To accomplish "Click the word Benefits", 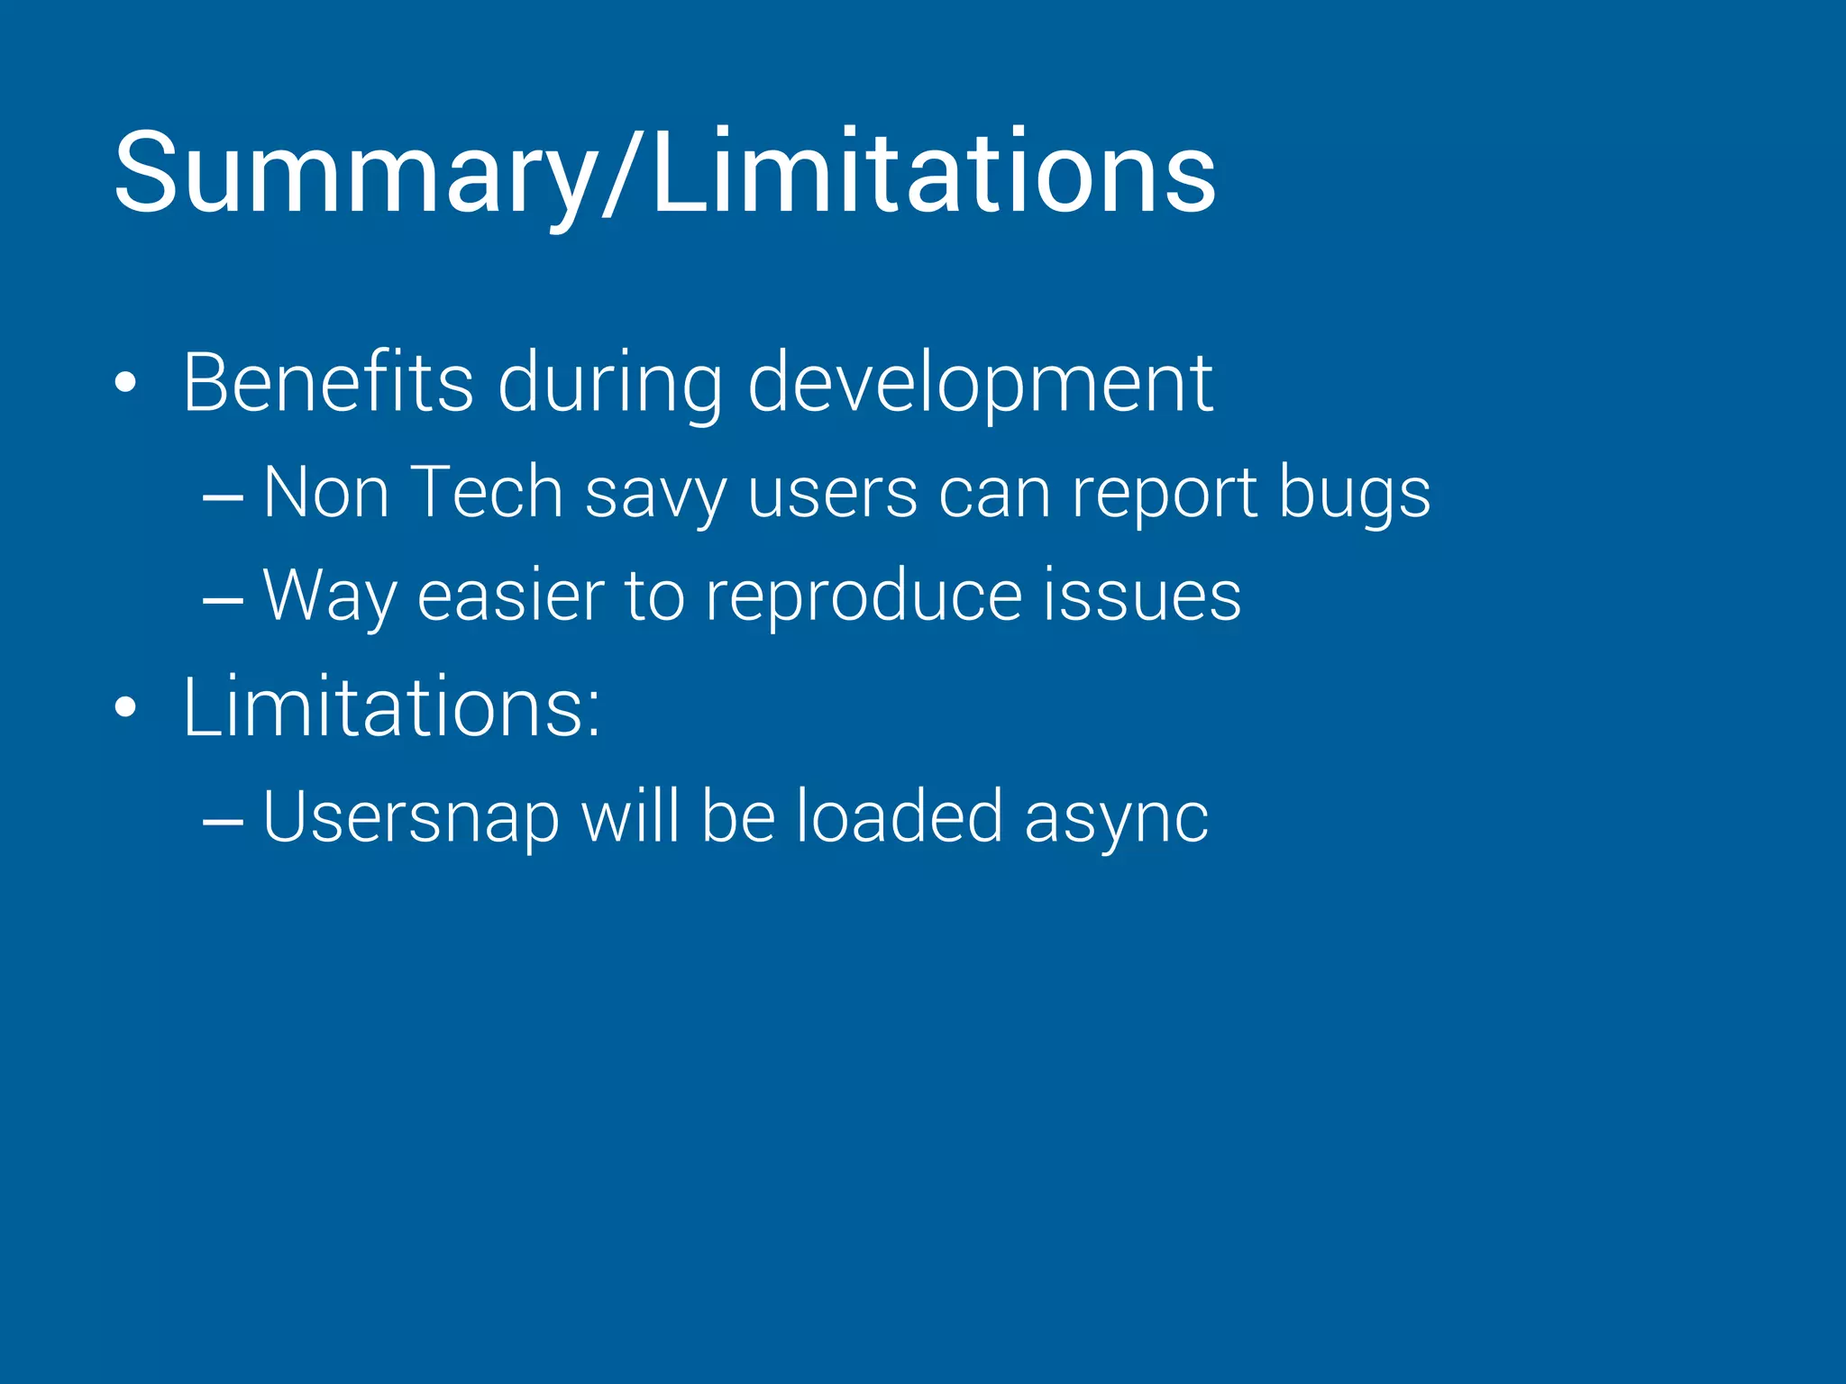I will pyautogui.click(x=328, y=383).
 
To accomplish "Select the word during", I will pyautogui.click(x=610, y=383).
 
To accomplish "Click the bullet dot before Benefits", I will pyautogui.click(x=125, y=384).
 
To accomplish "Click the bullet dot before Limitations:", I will pyautogui.click(x=125, y=708).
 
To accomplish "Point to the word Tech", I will pyautogui.click(x=487, y=492).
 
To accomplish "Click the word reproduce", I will pyautogui.click(x=863, y=596).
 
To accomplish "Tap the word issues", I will pyautogui.click(x=1142, y=595).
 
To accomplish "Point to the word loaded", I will pyautogui.click(x=899, y=816).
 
